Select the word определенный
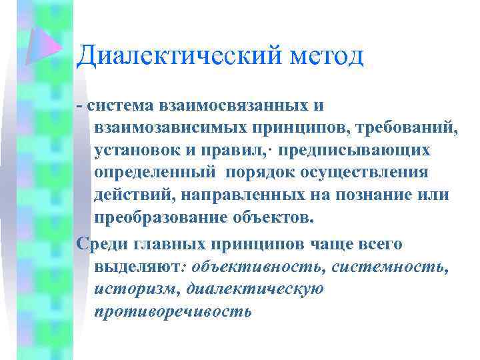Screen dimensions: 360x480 155,171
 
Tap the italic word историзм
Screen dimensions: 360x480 137,289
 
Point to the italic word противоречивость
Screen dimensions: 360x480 173,311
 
